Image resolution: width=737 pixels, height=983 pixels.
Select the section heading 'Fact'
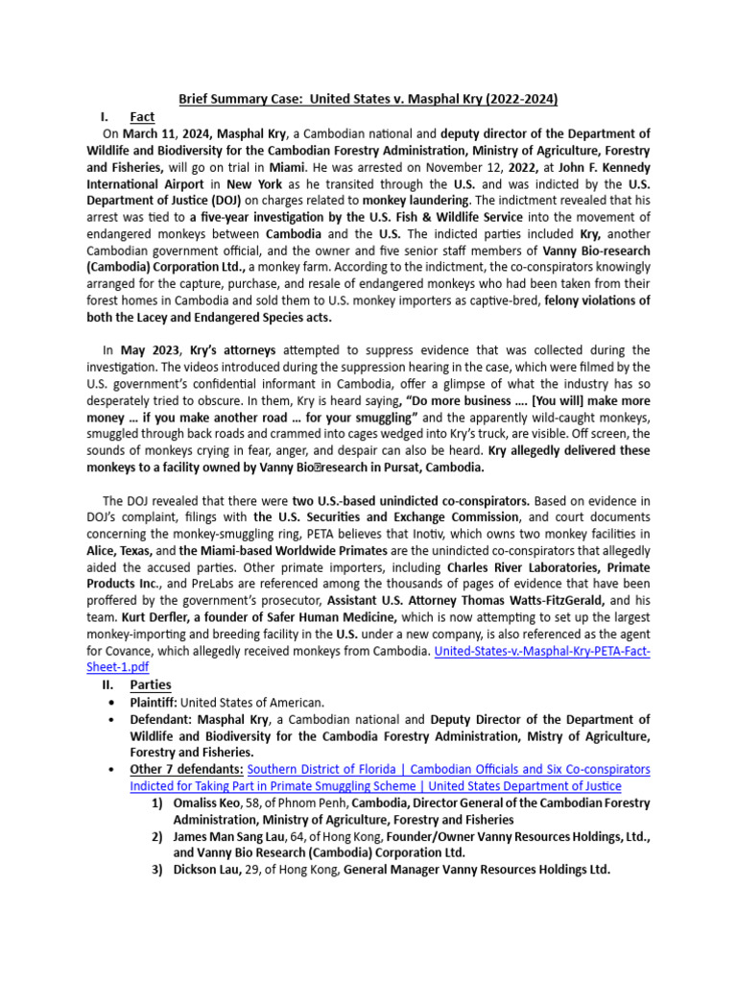[142, 116]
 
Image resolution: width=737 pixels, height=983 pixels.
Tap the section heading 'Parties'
[150, 684]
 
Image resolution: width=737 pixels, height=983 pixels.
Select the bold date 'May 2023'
[150, 350]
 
